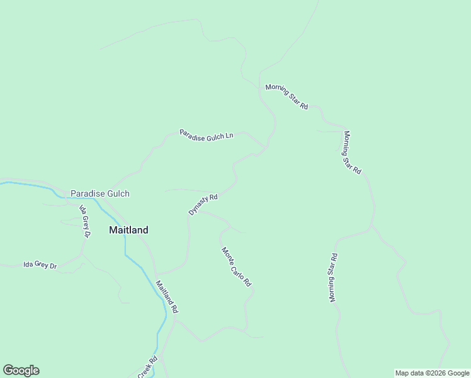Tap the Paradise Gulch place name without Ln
pos(99,193)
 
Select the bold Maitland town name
pos(128,230)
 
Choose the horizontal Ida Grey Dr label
pos(40,265)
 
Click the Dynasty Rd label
pos(203,205)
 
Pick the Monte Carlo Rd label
pos(236,267)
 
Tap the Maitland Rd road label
pos(167,297)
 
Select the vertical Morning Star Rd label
pos(334,277)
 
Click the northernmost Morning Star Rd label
pos(287,96)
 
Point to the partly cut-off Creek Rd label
pos(147,368)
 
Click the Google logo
pos(21,370)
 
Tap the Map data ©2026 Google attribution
pos(432,373)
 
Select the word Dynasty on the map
pos(198,207)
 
